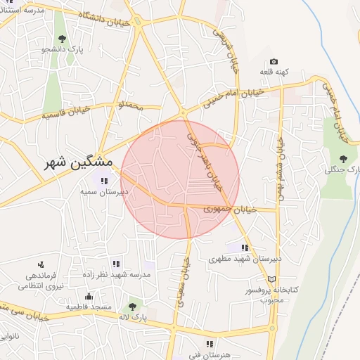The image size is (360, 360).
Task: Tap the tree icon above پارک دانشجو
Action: tap(63, 38)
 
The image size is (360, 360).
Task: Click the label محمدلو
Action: tap(131, 105)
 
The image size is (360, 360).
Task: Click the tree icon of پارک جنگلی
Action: tap(343, 159)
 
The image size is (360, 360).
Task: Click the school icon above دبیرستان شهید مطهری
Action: tap(245, 247)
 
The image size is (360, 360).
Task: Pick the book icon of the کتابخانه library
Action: tap(272, 279)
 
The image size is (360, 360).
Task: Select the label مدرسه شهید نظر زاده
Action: tap(117, 275)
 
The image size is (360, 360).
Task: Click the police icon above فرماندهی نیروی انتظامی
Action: tap(41, 265)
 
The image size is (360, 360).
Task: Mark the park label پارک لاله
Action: tap(132, 318)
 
